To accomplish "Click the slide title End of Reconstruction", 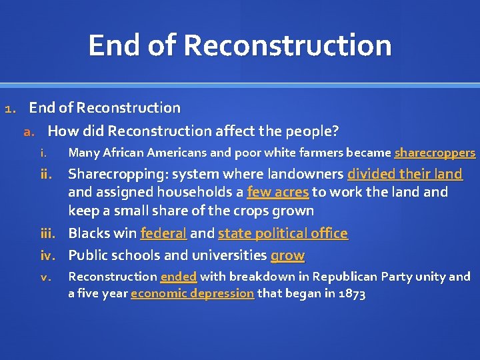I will point(239,45).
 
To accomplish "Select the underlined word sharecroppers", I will point(435,153).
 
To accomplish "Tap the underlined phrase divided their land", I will point(405,175).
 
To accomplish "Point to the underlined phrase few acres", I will point(277,193).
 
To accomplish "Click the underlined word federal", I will point(163,233).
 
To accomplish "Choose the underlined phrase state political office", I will point(283,233).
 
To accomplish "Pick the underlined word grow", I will point(287,255).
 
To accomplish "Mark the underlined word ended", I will point(179,277).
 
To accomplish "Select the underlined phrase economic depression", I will point(192,293).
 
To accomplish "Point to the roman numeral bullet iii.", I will point(53,233).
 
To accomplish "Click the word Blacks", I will point(89,233).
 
